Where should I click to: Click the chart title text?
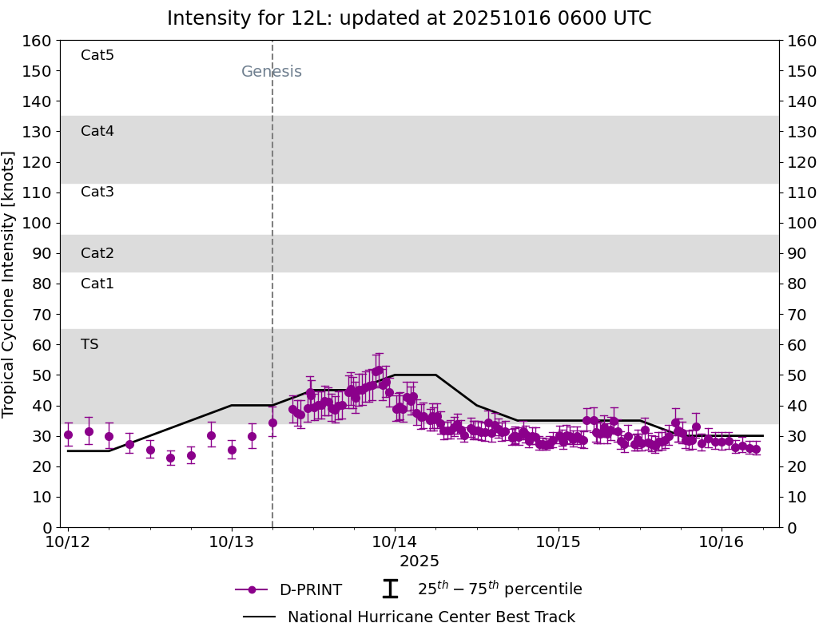409,18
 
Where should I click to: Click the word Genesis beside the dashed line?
272,72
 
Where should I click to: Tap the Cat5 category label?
97,55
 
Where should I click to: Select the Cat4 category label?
97,131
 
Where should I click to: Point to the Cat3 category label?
97,192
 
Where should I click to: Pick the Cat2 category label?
97,253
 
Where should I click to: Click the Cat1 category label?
97,284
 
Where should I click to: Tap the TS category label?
89,344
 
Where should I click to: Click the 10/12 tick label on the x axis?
68,542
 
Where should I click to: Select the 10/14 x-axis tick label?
395,542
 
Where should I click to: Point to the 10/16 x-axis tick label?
722,542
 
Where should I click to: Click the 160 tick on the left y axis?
38,41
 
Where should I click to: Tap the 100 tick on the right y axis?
801,223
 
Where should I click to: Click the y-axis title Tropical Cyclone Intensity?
10,284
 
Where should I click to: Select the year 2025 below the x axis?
419,562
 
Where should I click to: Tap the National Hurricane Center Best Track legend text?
431,617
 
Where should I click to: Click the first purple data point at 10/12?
68,435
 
